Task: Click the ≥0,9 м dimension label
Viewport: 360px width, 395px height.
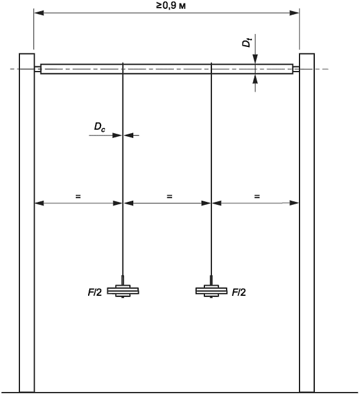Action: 171,5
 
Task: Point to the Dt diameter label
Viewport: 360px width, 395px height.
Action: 247,42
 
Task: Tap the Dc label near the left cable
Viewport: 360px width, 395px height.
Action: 100,127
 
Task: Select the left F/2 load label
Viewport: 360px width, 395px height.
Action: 95,292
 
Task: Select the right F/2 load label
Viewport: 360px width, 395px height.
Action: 239,292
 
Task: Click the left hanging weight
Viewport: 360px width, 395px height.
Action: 123,291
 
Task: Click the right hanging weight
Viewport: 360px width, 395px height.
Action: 211,291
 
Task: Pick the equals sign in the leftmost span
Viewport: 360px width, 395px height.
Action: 78,196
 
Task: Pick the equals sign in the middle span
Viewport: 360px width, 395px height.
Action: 169,196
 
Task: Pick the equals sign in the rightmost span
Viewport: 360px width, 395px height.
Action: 257,196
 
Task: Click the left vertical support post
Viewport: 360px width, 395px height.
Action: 27,222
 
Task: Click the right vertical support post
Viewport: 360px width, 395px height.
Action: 307,222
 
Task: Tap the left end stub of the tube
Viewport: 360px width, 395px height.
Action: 38,69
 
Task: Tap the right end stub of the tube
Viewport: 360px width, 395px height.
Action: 296,69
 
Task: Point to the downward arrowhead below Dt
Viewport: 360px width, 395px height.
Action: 255,59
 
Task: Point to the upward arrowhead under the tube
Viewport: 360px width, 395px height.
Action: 255,79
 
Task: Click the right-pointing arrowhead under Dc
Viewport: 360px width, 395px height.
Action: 117,135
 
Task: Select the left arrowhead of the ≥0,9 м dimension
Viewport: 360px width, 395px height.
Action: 39,13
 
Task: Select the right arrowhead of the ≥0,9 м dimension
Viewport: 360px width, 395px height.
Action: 294,13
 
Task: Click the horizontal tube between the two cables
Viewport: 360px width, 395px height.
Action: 167,69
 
